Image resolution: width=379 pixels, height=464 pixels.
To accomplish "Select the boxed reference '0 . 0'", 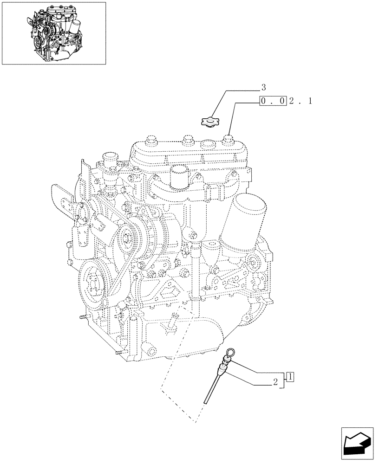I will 273,101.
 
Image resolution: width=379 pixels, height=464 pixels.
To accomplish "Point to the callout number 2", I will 275,383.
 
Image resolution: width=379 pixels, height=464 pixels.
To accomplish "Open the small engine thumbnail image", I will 54,33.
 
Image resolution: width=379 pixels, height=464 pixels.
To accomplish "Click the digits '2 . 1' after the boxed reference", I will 300,101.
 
